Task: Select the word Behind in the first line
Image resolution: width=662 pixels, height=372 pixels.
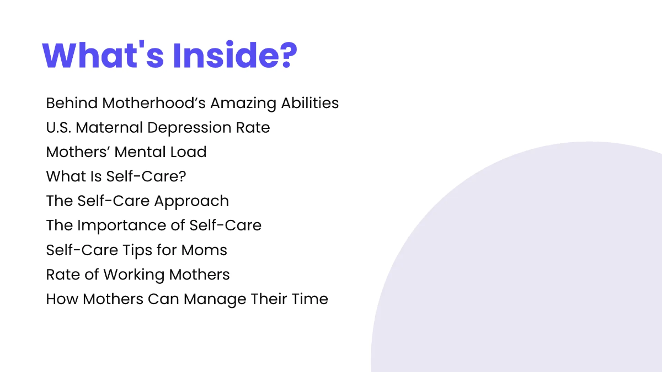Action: coord(72,103)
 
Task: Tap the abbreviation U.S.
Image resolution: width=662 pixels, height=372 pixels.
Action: coord(59,128)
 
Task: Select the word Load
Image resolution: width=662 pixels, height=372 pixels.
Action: coord(189,152)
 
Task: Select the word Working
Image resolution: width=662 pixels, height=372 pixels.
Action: coord(134,274)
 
